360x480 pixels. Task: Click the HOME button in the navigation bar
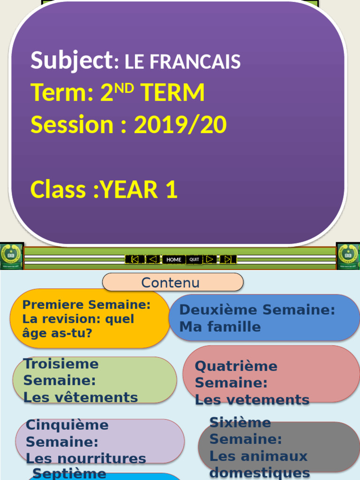pyautogui.click(x=173, y=259)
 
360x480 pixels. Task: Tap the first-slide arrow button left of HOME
pyautogui.click(x=135, y=259)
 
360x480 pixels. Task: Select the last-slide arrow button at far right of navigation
pyautogui.click(x=228, y=259)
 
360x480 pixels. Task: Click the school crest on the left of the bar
pyautogui.click(x=11, y=256)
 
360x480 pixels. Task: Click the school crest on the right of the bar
pyautogui.click(x=348, y=256)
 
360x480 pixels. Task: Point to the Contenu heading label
pyautogui.click(x=171, y=283)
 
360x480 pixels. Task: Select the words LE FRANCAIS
pyautogui.click(x=182, y=62)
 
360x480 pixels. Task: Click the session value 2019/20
pyautogui.click(x=180, y=125)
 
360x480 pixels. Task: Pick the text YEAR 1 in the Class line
pyautogui.click(x=139, y=190)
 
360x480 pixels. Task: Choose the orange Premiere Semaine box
pyautogui.click(x=89, y=319)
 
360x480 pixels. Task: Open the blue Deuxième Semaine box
pyautogui.click(x=264, y=318)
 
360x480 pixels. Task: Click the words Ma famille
pyautogui.click(x=220, y=327)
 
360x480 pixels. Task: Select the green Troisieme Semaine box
pyautogui.click(x=94, y=380)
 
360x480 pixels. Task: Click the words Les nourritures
pyautogui.click(x=86, y=458)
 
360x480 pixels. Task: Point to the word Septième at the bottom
pyautogui.click(x=69, y=473)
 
